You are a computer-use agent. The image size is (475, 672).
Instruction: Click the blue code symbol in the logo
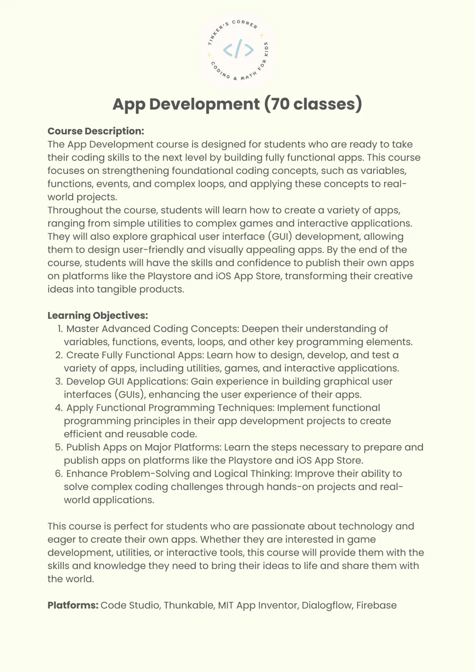[x=238, y=50]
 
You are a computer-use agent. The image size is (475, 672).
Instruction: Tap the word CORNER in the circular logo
[x=245, y=24]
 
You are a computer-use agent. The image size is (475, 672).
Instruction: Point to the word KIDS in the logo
[x=266, y=49]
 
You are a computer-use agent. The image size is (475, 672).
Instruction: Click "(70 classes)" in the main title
[x=313, y=104]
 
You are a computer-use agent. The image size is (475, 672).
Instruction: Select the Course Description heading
[x=96, y=131]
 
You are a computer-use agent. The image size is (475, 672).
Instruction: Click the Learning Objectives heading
[x=98, y=315]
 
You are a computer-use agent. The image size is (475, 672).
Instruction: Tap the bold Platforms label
[x=73, y=605]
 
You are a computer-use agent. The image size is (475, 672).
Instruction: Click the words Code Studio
[x=130, y=605]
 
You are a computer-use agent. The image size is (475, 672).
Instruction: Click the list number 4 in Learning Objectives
[x=58, y=408]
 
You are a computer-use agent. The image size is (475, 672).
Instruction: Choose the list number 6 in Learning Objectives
[x=58, y=474]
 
